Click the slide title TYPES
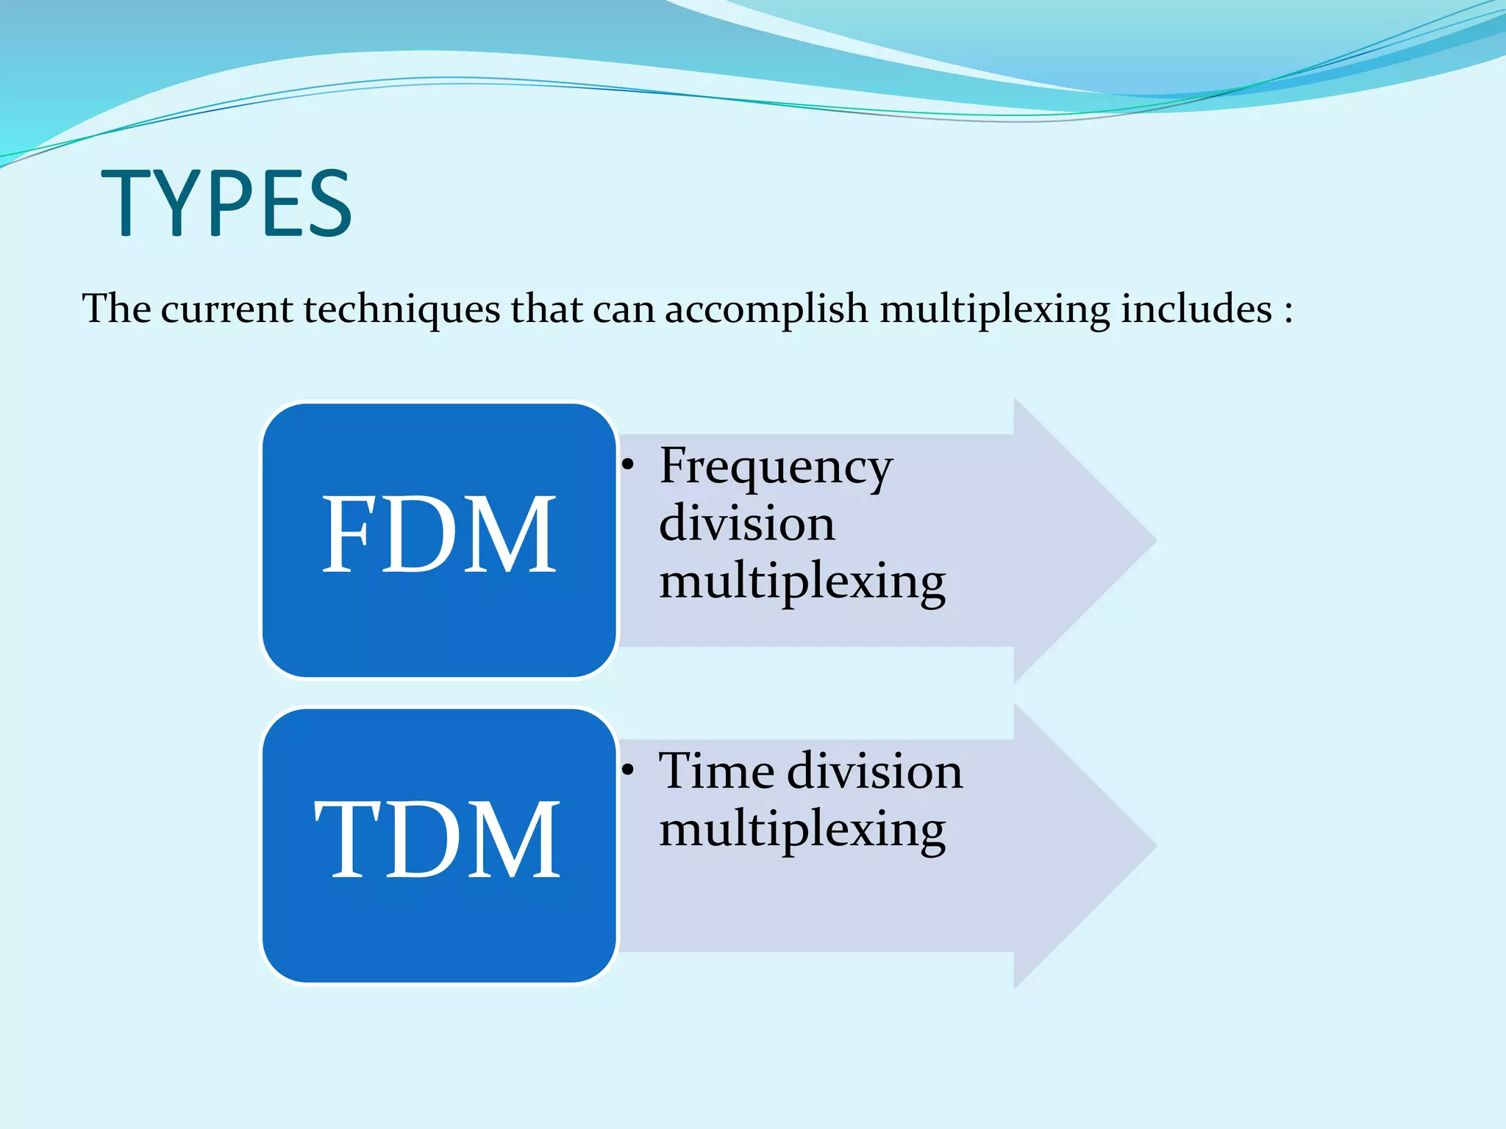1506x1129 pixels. (x=226, y=203)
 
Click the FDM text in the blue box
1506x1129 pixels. (x=439, y=534)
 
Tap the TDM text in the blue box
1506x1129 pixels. (x=439, y=839)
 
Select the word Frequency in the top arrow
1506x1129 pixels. (x=776, y=467)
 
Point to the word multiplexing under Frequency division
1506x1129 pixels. (x=802, y=581)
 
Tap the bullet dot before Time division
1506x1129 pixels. (x=627, y=770)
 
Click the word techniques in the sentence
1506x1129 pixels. (x=402, y=308)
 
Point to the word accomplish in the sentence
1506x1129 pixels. (x=766, y=309)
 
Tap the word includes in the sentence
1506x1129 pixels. (x=1196, y=308)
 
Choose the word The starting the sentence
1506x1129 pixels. (x=115, y=308)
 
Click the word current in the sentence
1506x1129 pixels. (x=226, y=309)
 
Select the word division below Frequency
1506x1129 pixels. (x=746, y=523)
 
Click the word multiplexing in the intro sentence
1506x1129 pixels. (x=994, y=309)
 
